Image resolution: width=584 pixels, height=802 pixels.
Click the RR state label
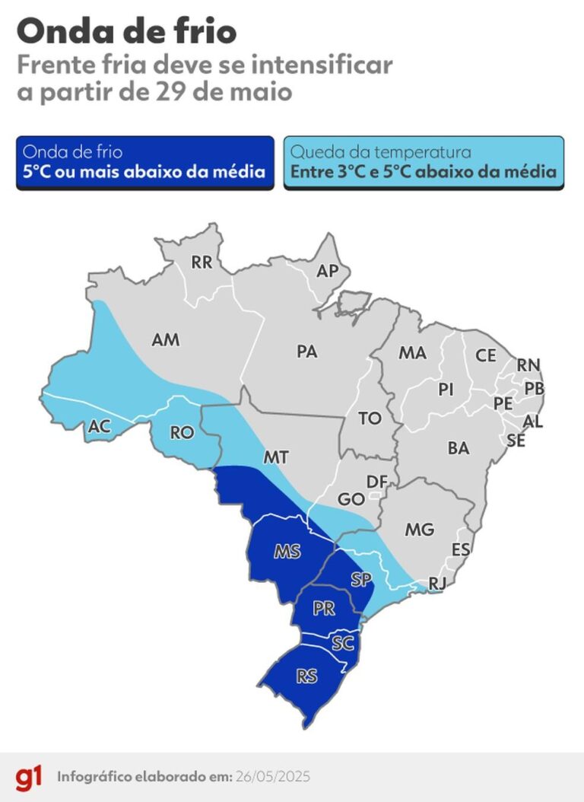[202, 263]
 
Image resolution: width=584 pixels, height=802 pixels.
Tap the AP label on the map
[327, 271]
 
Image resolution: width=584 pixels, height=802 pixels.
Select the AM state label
[166, 340]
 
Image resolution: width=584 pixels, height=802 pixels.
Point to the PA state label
[307, 352]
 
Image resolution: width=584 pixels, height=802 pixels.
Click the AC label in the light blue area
[100, 427]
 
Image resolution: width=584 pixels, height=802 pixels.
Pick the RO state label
[182, 433]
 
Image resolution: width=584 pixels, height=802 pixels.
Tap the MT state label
[275, 457]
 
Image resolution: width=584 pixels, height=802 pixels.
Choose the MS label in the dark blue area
[287, 552]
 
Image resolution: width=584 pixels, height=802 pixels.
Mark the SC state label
[344, 644]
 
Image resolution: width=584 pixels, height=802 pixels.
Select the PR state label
[324, 609]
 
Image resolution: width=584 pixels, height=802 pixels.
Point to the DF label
[376, 482]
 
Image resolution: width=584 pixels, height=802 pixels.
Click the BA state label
[459, 449]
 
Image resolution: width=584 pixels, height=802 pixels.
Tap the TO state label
[370, 419]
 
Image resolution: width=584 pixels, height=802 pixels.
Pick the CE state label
[486, 355]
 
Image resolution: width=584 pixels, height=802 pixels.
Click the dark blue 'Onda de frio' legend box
[144, 162]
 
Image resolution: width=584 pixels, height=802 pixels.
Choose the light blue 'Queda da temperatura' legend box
[424, 162]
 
